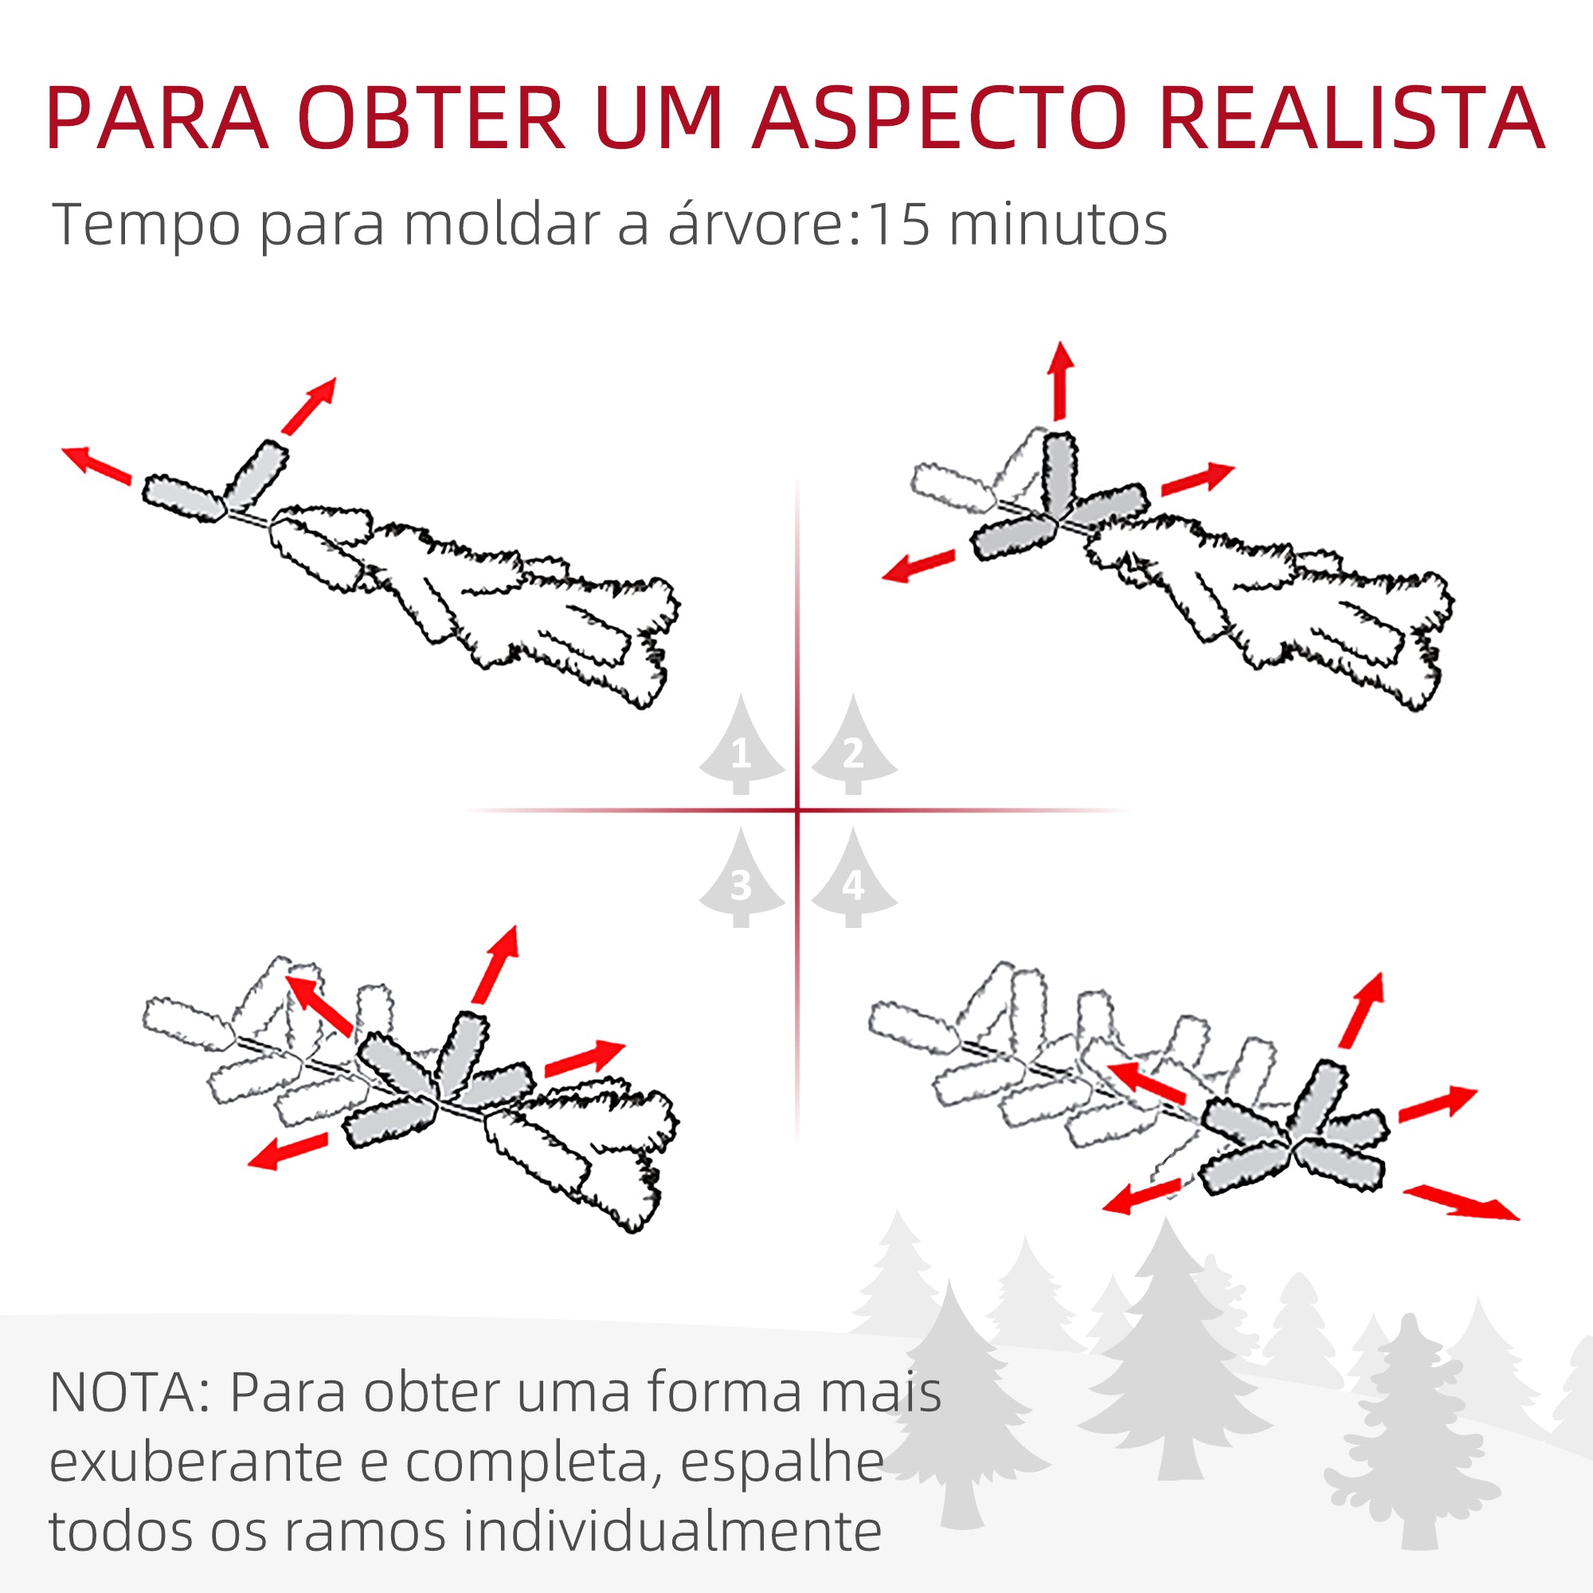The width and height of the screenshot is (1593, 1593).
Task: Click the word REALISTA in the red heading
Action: [x=1351, y=119]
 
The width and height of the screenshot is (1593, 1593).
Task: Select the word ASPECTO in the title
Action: [x=937, y=119]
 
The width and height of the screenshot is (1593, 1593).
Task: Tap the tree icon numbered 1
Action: [x=741, y=746]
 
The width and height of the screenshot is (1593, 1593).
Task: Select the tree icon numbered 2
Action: [x=853, y=746]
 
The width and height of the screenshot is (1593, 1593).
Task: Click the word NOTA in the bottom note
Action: [x=123, y=1393]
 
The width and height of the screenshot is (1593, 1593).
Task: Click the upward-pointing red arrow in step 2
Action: [x=1060, y=379]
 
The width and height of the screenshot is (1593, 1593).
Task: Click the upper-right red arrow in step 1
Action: [x=309, y=405]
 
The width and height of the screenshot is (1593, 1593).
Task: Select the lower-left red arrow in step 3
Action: [x=288, y=1151]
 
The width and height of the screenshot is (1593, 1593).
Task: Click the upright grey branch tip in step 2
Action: [x=1059, y=473]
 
